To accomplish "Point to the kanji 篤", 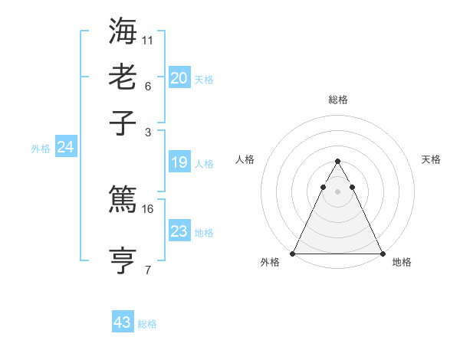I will coord(123,201).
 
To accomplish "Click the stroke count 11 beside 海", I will coord(148,38).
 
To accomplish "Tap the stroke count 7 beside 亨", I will coord(148,269).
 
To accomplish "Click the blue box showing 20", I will coord(179,78).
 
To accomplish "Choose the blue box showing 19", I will coord(179,162).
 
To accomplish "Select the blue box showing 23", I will coord(179,231).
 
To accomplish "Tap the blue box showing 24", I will coord(65,148).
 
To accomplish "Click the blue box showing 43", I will coord(123,322).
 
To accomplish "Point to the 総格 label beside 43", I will coord(147,324).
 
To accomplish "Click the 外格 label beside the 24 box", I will coord(41,149).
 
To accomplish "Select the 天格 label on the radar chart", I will coord(431,159).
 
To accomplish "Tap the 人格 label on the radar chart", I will coord(245,159).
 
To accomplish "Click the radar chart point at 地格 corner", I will coord(382,253).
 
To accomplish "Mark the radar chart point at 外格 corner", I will coord(293,253).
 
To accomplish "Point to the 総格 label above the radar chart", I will coord(337,100).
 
